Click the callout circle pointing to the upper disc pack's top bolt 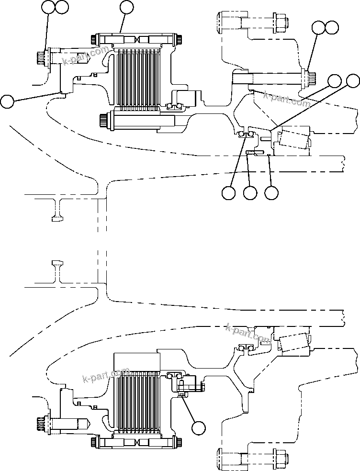click(126, 7)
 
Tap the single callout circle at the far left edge click(7, 101)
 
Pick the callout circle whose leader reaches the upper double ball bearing click(229, 192)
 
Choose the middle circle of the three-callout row click(250, 192)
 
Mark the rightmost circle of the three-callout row click(271, 192)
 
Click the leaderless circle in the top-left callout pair click(62, 7)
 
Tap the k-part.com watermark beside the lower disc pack click(106, 375)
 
